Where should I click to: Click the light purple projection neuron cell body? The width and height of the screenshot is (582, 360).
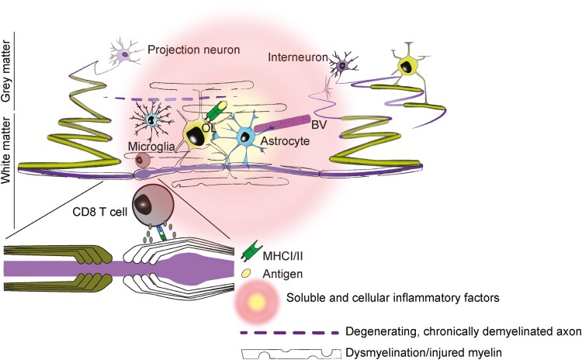(x=124, y=54)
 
